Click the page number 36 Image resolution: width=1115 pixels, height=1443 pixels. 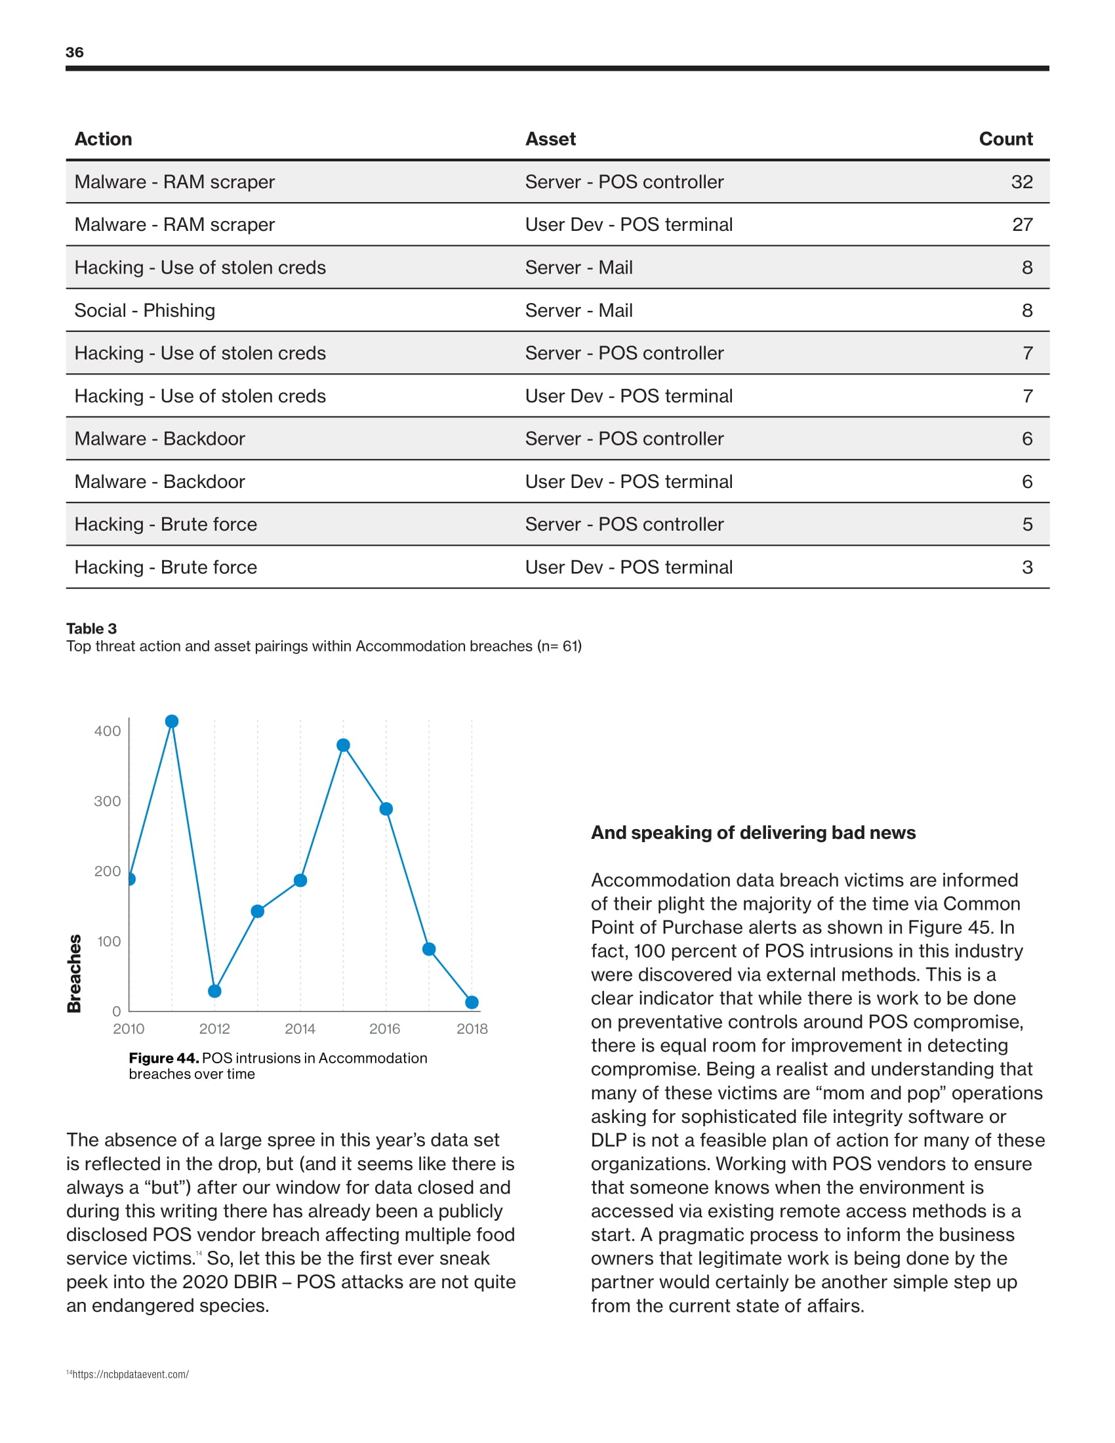click(75, 52)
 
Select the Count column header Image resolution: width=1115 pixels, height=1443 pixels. click(1005, 139)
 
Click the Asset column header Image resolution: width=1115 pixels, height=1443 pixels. click(550, 139)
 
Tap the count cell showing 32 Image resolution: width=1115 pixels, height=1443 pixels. click(1021, 182)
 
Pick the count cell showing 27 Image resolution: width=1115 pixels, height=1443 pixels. click(1022, 224)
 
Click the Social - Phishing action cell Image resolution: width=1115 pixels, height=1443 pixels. click(145, 310)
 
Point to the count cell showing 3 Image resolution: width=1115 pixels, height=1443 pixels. click(1027, 567)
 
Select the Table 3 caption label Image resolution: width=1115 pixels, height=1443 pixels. click(91, 628)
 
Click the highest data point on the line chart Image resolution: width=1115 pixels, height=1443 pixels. click(172, 721)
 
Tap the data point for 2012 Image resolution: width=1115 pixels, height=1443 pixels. click(214, 991)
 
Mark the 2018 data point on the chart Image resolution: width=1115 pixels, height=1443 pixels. click(472, 1002)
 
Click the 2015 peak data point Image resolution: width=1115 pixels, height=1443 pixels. click(344, 745)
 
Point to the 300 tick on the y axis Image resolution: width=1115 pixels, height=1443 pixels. click(107, 802)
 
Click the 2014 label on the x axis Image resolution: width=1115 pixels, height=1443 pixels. click(300, 1028)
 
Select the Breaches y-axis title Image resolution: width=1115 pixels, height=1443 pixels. click(75, 973)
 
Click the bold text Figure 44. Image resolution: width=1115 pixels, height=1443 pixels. click(164, 1058)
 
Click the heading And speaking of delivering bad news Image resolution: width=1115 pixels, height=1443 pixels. click(753, 832)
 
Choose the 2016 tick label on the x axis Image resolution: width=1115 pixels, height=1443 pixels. click(384, 1028)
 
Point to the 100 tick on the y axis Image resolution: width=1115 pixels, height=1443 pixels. click(108, 941)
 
